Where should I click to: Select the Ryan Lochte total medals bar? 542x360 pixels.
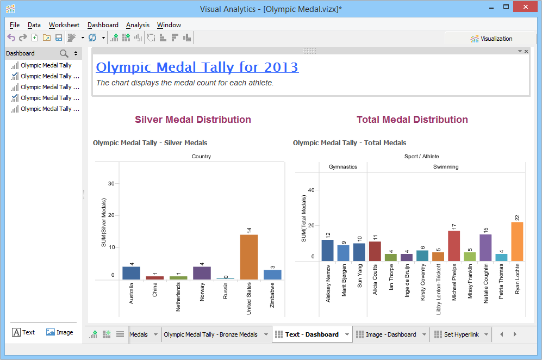pos(517,241)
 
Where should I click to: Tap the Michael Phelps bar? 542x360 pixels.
pos(454,246)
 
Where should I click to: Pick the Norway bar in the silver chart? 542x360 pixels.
pos(202,272)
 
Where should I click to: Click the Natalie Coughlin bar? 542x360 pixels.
pos(485,247)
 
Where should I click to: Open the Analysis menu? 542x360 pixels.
pos(138,25)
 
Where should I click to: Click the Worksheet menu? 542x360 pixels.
pos(64,25)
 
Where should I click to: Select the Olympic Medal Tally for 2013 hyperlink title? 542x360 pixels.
pos(197,67)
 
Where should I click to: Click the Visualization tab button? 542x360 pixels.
pos(491,39)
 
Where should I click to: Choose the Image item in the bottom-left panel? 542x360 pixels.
pos(60,332)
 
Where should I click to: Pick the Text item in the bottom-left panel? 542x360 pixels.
pos(23,332)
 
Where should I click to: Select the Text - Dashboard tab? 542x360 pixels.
pos(312,334)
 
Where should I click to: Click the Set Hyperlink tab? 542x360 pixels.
pos(461,334)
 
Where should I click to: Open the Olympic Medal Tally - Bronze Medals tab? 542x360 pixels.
pos(210,334)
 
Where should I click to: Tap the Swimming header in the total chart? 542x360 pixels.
pos(446,167)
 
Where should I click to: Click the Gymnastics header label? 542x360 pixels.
pos(343,167)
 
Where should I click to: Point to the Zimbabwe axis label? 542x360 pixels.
pos(272,297)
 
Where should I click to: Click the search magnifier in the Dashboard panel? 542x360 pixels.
pos(64,53)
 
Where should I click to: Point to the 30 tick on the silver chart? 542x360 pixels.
pos(111,183)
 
